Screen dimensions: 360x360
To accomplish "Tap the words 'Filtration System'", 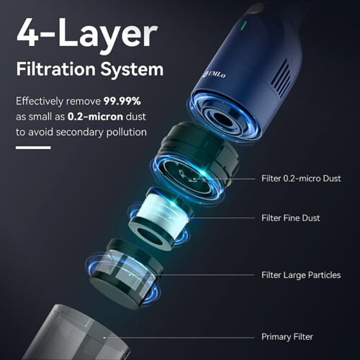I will [x=90, y=71].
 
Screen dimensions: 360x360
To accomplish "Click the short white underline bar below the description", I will [x=33, y=148].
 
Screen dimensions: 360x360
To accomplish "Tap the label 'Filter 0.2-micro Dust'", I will [x=301, y=179].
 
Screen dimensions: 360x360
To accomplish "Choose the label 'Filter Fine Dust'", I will [x=291, y=218].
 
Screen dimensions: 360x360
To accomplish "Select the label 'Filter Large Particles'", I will [x=301, y=275].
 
